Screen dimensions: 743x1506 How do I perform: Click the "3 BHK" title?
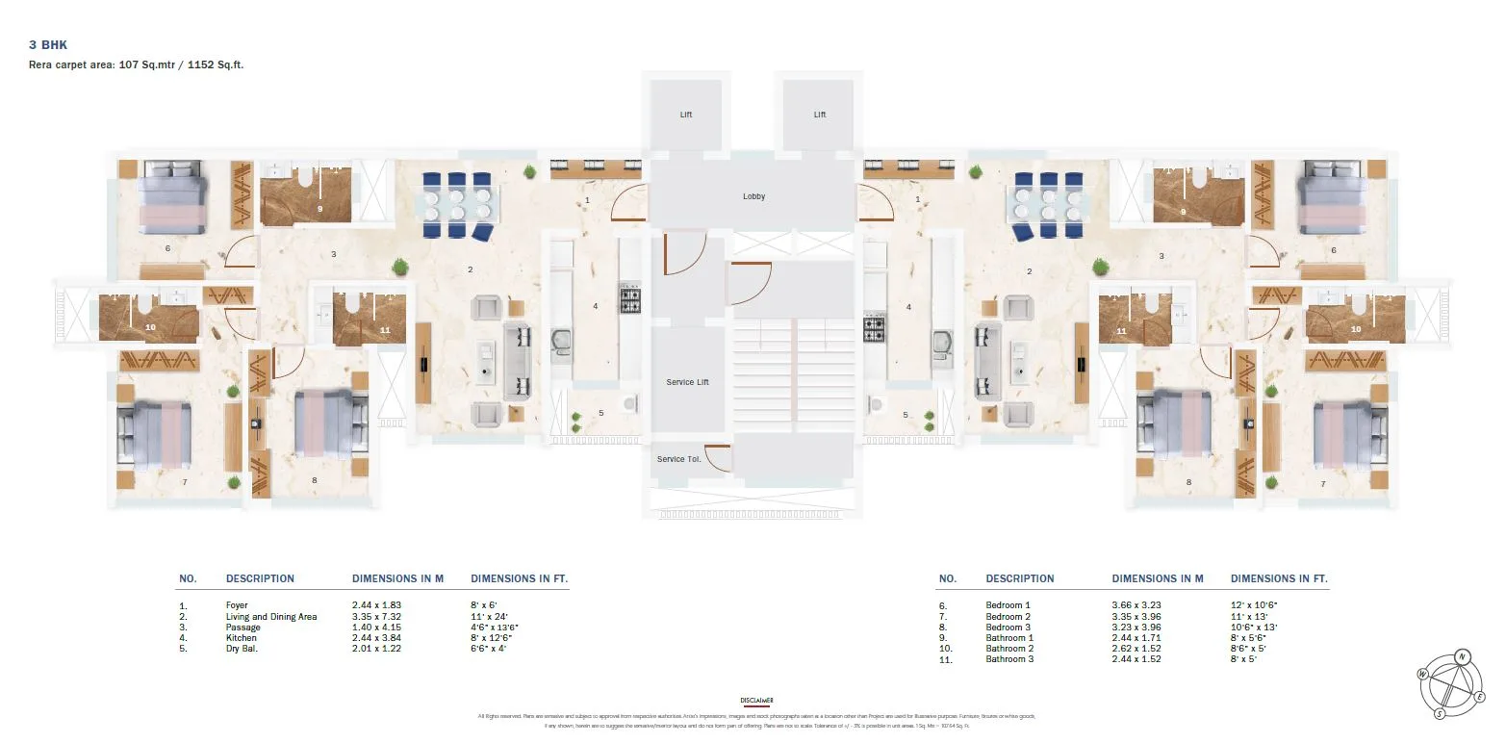[48, 45]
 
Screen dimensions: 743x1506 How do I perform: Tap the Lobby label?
[753, 196]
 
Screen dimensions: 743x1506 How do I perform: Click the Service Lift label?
[687, 382]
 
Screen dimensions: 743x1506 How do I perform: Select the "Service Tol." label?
[678, 459]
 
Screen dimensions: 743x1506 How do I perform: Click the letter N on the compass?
[1462, 657]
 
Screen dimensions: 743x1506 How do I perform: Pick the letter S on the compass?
[1440, 713]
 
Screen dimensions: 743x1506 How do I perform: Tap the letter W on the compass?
[1422, 675]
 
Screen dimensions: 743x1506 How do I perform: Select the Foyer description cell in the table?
[237, 605]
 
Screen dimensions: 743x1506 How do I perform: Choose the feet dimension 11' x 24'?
[488, 616]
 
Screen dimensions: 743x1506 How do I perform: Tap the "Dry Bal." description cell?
[241, 648]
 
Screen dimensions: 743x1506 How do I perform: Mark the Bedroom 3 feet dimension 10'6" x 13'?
[1254, 627]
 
